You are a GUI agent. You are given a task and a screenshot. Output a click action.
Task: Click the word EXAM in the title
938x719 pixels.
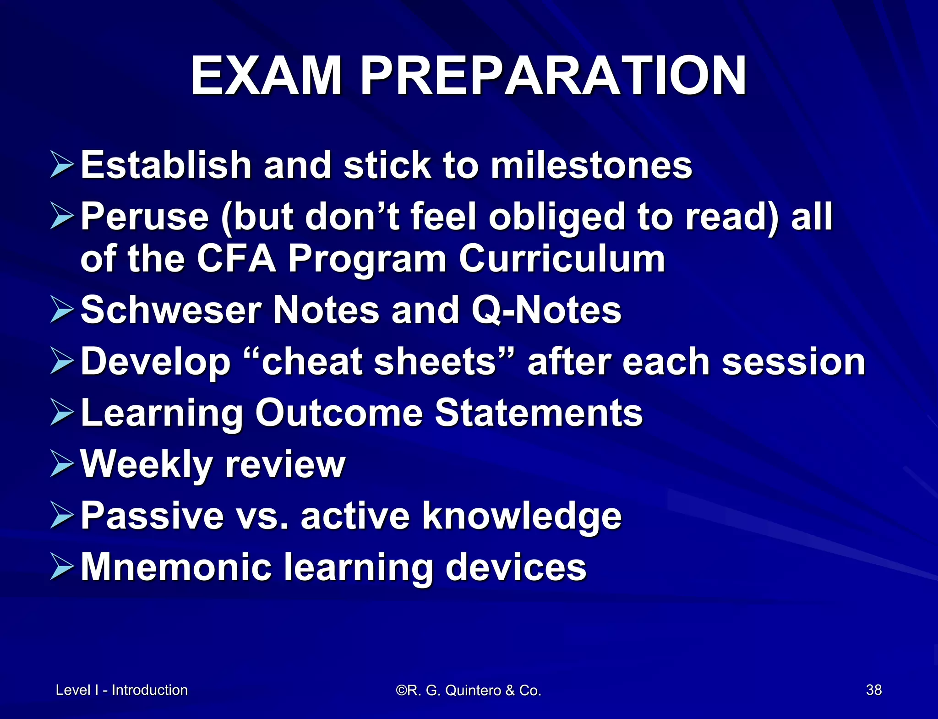(x=266, y=76)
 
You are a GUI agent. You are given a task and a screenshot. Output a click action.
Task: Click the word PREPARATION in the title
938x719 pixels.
(x=553, y=76)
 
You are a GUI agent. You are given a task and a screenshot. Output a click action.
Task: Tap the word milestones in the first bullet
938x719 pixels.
(x=591, y=165)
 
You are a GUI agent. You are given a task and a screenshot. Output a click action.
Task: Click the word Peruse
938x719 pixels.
(x=145, y=217)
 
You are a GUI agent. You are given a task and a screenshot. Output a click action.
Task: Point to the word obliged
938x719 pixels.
(x=557, y=218)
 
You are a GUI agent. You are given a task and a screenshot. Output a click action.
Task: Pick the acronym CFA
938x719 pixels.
(x=236, y=259)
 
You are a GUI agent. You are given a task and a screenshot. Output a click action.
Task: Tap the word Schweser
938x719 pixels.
(x=171, y=310)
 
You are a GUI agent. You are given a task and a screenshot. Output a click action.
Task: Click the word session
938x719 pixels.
(x=793, y=361)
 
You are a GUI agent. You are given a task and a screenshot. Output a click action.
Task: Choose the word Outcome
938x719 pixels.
(x=339, y=413)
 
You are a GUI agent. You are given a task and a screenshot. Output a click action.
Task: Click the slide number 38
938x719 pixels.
(x=873, y=690)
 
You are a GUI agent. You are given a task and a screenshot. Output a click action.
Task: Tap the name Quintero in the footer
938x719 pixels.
(x=474, y=690)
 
